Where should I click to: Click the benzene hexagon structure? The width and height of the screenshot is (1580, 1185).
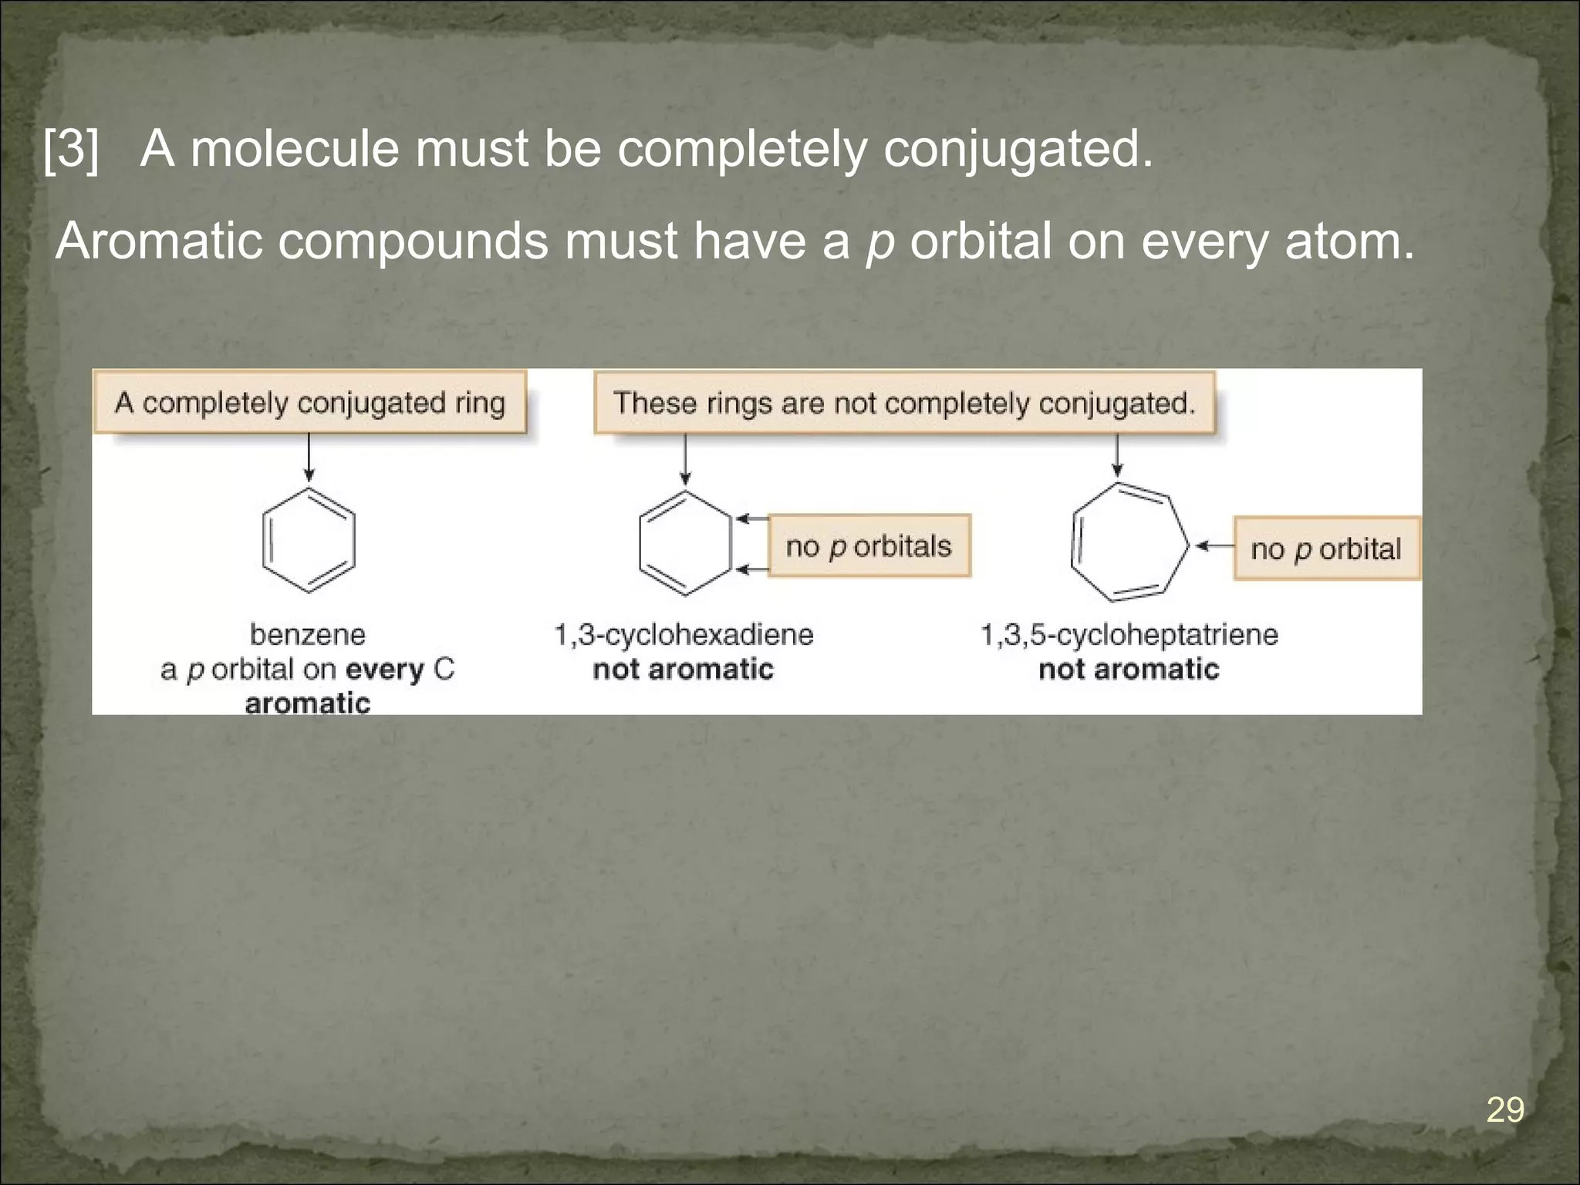[309, 540]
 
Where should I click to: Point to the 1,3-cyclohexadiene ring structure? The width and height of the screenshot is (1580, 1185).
[685, 543]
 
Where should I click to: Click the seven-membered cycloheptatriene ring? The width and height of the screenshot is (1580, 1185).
[1128, 543]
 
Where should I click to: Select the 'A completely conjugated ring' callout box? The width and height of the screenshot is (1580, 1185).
[309, 403]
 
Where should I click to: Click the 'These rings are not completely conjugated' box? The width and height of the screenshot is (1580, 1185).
[903, 403]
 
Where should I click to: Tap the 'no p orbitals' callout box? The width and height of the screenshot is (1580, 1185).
[869, 546]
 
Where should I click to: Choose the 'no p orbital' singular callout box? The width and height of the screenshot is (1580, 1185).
[1325, 549]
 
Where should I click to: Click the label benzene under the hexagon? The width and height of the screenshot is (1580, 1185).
[308, 635]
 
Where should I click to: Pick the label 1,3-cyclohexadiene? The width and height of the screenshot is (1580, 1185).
[684, 635]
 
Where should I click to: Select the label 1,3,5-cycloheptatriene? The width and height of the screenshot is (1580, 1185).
[1129, 635]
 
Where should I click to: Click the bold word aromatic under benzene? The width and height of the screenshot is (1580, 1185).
[308, 703]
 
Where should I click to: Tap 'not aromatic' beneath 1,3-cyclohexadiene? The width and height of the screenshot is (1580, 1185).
[683, 669]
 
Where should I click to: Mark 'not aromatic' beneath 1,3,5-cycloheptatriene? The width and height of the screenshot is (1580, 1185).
[1129, 669]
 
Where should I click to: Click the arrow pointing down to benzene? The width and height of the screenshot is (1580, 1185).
[309, 457]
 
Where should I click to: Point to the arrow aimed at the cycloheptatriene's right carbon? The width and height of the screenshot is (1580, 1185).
[1214, 546]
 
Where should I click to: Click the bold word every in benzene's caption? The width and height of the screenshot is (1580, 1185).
[385, 670]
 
